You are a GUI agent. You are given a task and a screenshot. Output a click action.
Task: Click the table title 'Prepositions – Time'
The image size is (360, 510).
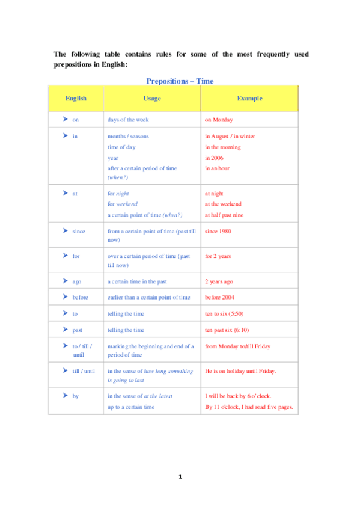pos(180,81)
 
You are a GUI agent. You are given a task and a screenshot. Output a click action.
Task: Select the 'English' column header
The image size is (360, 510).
pos(76,98)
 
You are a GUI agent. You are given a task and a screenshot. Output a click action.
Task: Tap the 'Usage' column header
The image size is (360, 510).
pos(151,98)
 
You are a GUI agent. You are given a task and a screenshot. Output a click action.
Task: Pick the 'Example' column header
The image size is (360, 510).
pos(249,98)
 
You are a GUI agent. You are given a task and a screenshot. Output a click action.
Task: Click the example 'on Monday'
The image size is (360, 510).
pos(219,120)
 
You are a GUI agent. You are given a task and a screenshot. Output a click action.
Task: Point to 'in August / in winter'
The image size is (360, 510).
pos(230,136)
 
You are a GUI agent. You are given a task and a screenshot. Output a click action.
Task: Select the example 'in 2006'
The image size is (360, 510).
pos(214,158)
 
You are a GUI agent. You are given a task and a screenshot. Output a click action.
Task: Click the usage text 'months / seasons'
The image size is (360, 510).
pos(127,136)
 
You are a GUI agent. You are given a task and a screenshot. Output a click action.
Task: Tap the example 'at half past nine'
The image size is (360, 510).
pos(224,215)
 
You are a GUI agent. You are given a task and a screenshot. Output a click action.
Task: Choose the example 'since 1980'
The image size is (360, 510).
pos(218,231)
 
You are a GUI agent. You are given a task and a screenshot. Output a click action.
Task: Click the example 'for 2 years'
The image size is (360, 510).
pos(218,256)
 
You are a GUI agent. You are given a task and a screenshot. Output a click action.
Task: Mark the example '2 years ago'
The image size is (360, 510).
pos(219,281)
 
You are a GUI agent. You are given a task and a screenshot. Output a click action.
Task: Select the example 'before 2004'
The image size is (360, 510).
pos(220,297)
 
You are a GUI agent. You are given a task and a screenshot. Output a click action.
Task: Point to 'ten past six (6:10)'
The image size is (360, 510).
pos(228,330)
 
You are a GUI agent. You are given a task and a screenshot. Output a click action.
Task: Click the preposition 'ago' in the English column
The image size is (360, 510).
pos(76,281)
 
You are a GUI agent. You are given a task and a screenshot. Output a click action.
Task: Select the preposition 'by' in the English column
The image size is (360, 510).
pos(75,396)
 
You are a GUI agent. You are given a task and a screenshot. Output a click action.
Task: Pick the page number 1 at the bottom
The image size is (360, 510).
pos(180,477)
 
